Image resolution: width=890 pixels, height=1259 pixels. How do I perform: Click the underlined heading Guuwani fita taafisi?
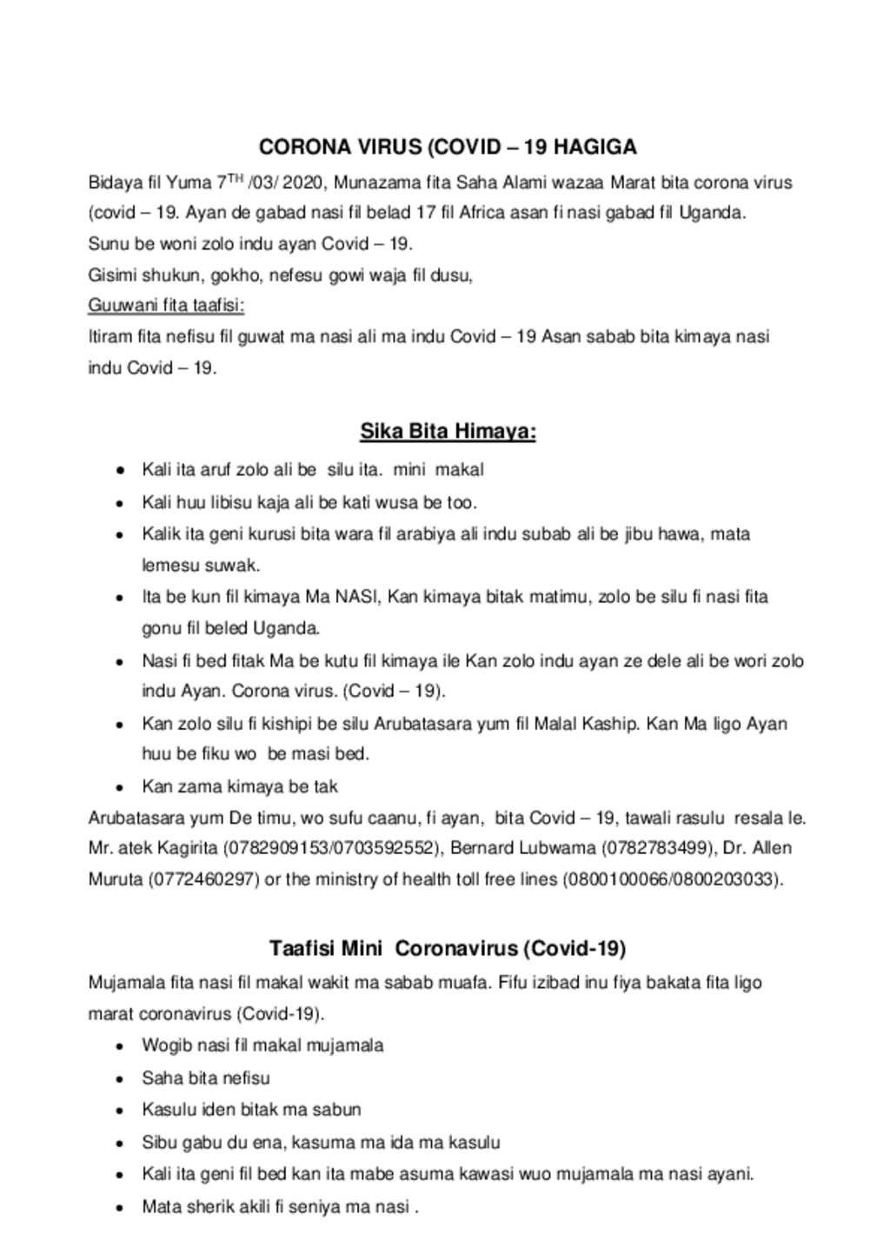coord(166,306)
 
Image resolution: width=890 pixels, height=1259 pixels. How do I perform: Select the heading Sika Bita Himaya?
coord(448,432)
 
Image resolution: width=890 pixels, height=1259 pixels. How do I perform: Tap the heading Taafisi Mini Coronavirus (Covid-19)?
coord(448,948)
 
